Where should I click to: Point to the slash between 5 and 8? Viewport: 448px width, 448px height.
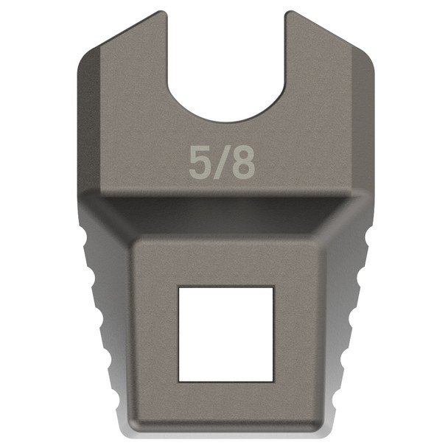221,163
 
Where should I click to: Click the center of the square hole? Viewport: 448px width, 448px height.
226,333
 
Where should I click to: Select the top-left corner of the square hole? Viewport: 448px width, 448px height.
180,287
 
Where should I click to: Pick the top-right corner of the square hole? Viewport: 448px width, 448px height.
273,287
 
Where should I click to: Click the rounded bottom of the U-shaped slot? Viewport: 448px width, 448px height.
224,118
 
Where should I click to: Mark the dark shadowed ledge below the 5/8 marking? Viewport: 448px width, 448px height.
224,208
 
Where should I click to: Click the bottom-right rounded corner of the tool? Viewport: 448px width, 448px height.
326,427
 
